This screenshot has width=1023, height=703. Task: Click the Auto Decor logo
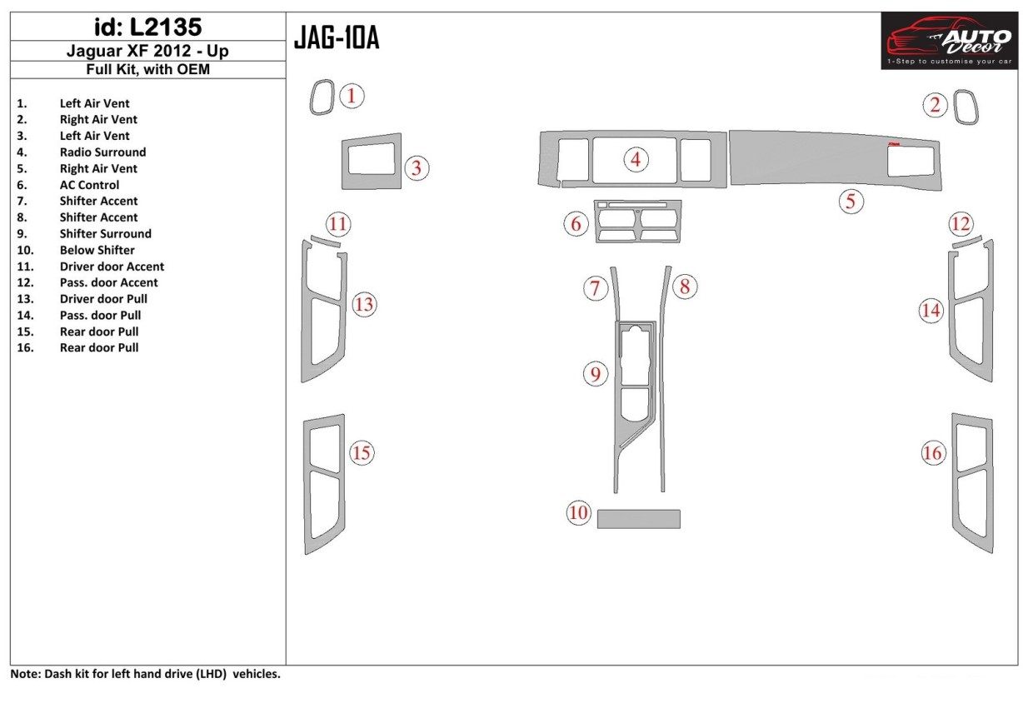(x=948, y=41)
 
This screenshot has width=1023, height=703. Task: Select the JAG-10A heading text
(x=337, y=38)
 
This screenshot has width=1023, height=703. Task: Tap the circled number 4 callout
(x=636, y=159)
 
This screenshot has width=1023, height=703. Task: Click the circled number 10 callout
(x=578, y=513)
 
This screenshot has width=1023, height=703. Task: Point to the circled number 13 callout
(x=364, y=305)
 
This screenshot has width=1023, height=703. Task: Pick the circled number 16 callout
(x=932, y=453)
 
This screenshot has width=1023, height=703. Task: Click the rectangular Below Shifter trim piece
(x=638, y=519)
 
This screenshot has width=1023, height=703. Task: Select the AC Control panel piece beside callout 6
(x=638, y=222)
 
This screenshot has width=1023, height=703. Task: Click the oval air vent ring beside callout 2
(x=966, y=107)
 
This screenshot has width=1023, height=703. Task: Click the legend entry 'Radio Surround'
(x=102, y=152)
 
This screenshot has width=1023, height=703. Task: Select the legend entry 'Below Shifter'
(x=97, y=250)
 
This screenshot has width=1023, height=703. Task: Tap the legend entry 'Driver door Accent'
(x=112, y=267)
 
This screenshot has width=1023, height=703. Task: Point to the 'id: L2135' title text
(x=148, y=28)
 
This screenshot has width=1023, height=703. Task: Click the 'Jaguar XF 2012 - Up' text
(x=148, y=52)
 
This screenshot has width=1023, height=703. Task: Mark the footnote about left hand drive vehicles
(x=146, y=674)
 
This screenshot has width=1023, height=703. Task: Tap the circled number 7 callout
(x=595, y=289)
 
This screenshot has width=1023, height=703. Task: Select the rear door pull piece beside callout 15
(x=323, y=483)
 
